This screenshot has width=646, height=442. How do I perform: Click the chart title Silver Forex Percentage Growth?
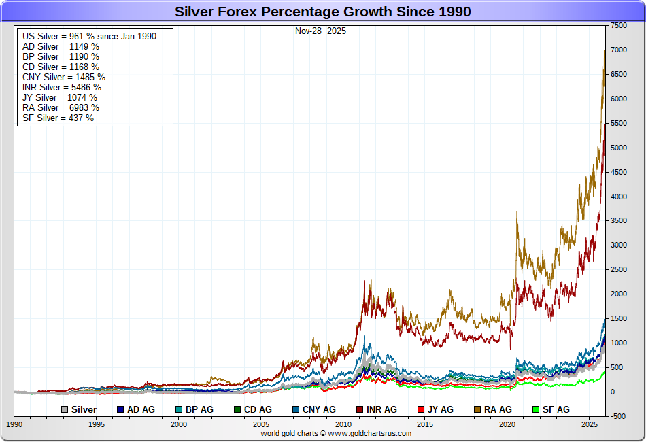[323, 12]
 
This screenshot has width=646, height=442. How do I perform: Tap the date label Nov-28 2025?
[320, 31]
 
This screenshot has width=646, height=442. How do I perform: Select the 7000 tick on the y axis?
[618, 50]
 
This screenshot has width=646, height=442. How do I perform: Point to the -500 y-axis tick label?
[618, 416]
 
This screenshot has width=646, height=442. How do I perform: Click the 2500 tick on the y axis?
[618, 270]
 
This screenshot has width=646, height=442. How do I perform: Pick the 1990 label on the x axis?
[14, 424]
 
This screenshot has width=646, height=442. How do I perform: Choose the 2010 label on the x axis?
[343, 424]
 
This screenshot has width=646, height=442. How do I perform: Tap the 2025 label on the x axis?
[590, 424]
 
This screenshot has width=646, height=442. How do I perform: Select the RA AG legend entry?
[493, 410]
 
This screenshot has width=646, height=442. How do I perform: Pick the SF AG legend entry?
[550, 410]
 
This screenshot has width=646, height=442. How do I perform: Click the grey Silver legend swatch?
[64, 410]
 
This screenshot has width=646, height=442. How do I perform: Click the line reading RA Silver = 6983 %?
[61, 107]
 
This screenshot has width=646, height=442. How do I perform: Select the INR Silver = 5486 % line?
[62, 87]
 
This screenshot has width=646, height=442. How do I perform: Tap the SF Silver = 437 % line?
[58, 118]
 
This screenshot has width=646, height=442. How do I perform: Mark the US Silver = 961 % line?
[89, 36]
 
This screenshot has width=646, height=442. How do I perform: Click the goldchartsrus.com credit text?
[336, 433]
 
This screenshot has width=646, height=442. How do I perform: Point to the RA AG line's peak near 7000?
[605, 51]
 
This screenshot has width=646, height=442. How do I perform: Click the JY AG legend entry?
[436, 410]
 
